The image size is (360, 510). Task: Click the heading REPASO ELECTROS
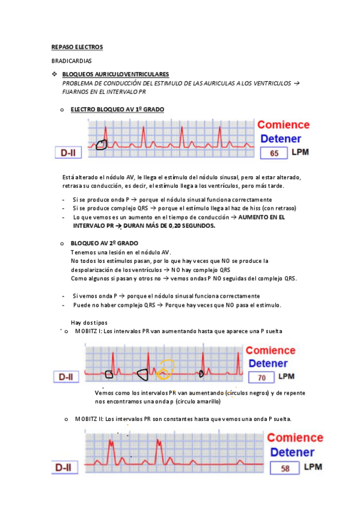(x=77, y=46)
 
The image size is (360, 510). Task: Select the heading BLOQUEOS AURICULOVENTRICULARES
(x=116, y=74)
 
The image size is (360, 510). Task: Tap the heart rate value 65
(x=274, y=153)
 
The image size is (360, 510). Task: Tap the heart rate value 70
(x=261, y=378)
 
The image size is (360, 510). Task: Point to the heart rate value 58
(x=285, y=467)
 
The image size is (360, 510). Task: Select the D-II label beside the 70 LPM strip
(x=66, y=377)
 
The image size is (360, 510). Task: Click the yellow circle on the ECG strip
(x=165, y=369)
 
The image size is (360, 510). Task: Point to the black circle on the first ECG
(x=102, y=144)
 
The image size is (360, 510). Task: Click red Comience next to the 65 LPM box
(x=283, y=125)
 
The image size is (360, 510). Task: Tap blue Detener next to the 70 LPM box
(x=267, y=363)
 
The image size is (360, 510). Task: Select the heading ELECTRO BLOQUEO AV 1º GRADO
(x=117, y=109)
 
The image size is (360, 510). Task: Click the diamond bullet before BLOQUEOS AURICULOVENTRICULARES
(x=55, y=74)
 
